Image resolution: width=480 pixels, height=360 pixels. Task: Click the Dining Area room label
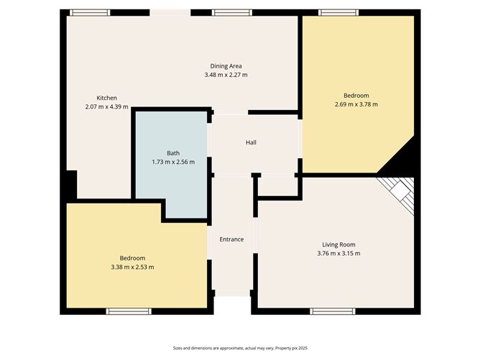tap(225, 65)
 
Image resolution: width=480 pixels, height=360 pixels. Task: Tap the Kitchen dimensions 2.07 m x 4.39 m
tap(106, 106)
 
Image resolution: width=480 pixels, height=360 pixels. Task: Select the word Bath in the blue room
tap(173, 153)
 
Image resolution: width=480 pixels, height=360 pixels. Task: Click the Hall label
tap(251, 142)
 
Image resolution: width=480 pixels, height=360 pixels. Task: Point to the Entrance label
tap(231, 239)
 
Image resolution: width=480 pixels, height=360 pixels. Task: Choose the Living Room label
tap(338, 244)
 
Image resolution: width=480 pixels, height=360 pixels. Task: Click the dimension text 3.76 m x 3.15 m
tap(338, 253)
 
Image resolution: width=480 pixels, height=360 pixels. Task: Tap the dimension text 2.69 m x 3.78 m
tap(356, 104)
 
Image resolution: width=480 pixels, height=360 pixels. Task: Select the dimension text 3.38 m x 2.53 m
tap(132, 267)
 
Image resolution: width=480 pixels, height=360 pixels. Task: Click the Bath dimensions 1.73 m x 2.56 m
tap(173, 162)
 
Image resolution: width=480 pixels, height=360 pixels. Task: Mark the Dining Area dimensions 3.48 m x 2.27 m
tap(225, 74)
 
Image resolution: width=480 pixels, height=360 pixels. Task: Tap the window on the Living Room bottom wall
tap(332, 310)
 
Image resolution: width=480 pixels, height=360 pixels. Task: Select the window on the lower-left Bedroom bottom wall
tap(129, 310)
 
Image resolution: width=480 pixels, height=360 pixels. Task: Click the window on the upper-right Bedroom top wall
tap(340, 12)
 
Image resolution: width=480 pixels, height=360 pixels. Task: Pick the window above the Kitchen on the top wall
tap(91, 12)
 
